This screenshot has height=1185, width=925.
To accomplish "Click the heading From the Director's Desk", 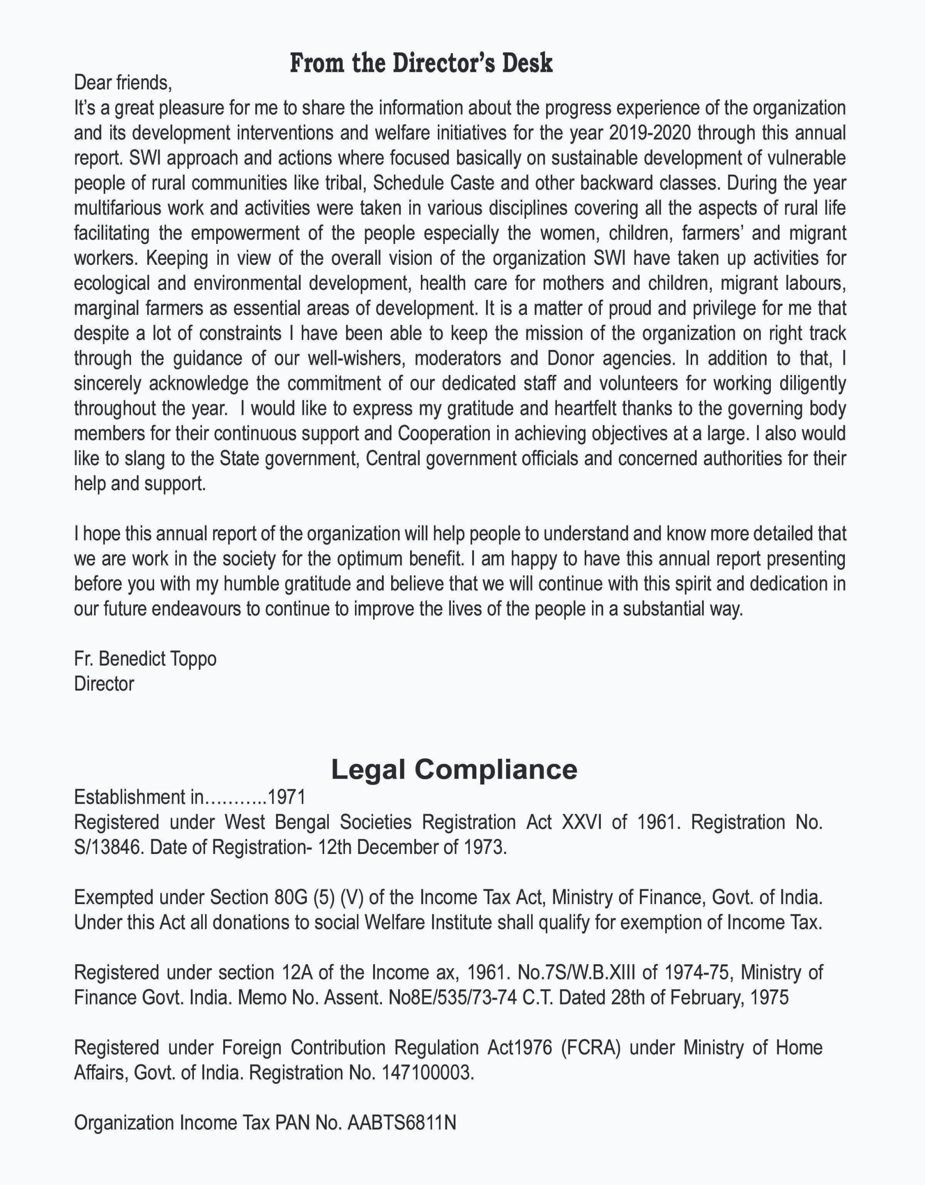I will coord(421,63).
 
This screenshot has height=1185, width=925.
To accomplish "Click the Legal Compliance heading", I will coord(454,769).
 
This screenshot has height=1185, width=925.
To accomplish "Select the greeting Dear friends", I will coord(123,83).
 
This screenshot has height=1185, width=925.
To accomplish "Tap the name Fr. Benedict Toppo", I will coord(145,659).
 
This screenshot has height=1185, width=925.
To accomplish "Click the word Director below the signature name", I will coord(104,684).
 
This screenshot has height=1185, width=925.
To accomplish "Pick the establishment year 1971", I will coord(287,797).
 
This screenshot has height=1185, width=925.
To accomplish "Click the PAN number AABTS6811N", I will coord(401,1122).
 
